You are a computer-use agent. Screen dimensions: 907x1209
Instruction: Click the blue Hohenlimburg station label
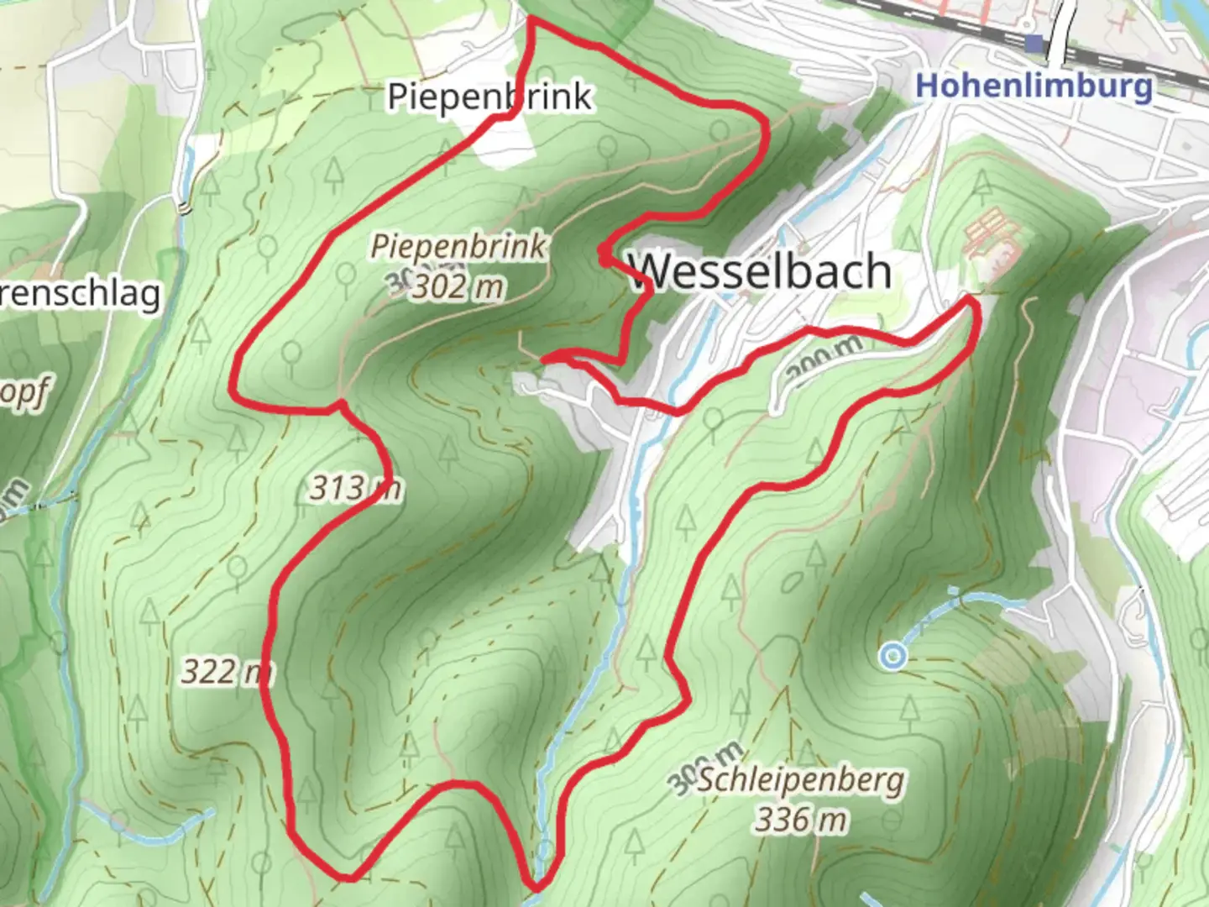pos(1034,87)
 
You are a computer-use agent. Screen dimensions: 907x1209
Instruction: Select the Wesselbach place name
pos(761,271)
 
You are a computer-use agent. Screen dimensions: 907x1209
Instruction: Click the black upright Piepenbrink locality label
pos(489,97)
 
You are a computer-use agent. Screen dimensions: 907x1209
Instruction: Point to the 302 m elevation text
pos(458,287)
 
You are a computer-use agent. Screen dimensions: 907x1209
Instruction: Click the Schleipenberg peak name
pos(801,780)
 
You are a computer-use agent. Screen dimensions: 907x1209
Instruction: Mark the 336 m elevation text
pos(801,819)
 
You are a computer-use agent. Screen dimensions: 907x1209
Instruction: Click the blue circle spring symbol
pos(894,656)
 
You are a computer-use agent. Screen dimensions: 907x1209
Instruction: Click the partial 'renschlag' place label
pos(81,294)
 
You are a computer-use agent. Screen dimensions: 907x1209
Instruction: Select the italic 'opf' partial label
pos(25,393)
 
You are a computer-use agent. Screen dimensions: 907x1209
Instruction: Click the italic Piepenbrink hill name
pos(458,247)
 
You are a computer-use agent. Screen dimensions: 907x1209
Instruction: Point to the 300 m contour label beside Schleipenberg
pos(704,768)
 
